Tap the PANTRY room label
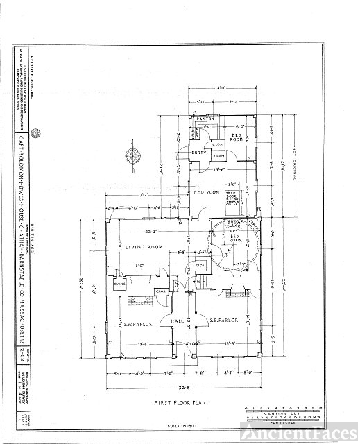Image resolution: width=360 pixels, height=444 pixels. pos(204,119)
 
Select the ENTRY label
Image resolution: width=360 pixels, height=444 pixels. pos(200,152)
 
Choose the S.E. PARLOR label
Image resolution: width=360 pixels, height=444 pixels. pos(224,321)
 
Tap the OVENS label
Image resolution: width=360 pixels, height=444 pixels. pos(119,284)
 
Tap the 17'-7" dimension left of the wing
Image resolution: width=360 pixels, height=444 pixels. pos(146,195)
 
